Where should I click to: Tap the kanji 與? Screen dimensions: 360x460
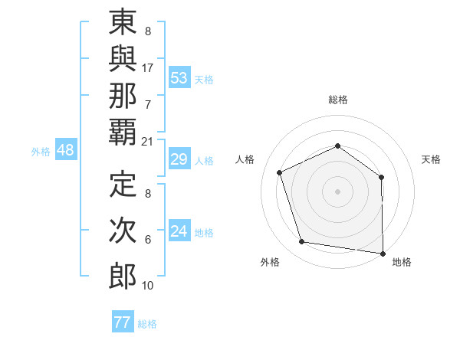click(x=123, y=65)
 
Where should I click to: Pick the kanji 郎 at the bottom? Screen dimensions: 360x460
click(x=123, y=275)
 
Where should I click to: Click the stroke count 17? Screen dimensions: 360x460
click(x=148, y=67)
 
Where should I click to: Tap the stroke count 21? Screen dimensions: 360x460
click(x=148, y=142)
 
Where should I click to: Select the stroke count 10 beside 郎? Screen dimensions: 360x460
click(x=148, y=285)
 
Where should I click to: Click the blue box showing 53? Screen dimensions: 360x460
click(x=179, y=78)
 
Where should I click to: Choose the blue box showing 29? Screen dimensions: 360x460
click(x=179, y=160)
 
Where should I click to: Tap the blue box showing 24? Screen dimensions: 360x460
click(x=179, y=231)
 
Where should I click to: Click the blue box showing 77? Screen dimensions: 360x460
click(x=122, y=322)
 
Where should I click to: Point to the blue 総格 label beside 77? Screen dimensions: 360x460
click(x=147, y=324)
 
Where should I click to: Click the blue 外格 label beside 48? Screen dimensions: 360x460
click(x=41, y=152)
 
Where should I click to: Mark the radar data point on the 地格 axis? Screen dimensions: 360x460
click(x=383, y=253)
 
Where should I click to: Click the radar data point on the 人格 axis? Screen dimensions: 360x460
click(x=280, y=172)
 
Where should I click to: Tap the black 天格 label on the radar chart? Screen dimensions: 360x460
click(x=432, y=159)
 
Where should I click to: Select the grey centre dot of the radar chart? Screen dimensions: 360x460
click(x=337, y=191)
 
